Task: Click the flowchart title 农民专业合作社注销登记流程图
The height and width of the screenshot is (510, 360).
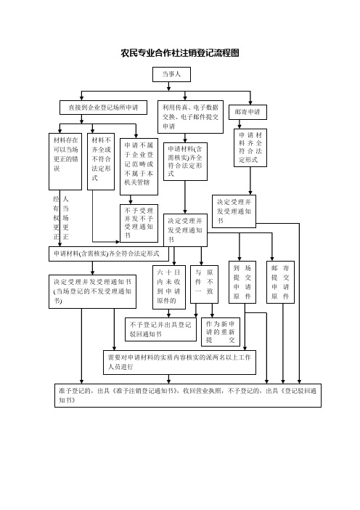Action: pyautogui.click(x=180, y=53)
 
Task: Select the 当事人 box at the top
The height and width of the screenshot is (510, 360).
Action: pyautogui.click(x=171, y=75)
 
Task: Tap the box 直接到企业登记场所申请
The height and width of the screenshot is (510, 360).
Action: pyautogui.click(x=103, y=108)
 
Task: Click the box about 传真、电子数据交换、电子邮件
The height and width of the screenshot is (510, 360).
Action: pyautogui.click(x=190, y=117)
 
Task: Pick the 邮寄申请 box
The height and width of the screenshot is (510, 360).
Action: pyautogui.click(x=247, y=112)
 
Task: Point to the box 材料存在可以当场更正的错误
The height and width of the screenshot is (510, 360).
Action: pyautogui.click(x=65, y=161)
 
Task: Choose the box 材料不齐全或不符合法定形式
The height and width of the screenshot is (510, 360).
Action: pyautogui.click(x=101, y=161)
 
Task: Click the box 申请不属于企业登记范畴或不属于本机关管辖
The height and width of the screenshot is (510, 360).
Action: pyautogui.click(x=139, y=166)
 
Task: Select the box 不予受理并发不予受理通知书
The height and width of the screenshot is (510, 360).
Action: pyautogui.click(x=139, y=223)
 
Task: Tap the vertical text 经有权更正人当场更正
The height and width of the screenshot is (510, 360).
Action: pyautogui.click(x=61, y=218)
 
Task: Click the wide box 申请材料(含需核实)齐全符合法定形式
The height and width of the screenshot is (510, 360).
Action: pyautogui.click(x=109, y=254)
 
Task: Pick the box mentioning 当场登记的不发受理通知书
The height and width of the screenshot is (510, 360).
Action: pyautogui.click(x=92, y=292)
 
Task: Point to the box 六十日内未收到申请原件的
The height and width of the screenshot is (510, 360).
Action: pyautogui.click(x=169, y=287)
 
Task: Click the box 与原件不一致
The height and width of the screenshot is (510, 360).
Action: pyautogui.click(x=204, y=284)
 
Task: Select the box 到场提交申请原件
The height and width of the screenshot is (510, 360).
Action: pyautogui.click(x=242, y=282)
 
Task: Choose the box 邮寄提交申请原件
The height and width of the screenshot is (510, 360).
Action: pyautogui.click(x=280, y=282)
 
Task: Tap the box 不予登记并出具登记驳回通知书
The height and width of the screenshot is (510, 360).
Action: pyautogui.click(x=161, y=330)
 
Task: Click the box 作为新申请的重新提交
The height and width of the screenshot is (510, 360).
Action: pyautogui.click(x=221, y=332)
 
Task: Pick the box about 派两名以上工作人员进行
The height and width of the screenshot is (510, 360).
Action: pyautogui.click(x=180, y=363)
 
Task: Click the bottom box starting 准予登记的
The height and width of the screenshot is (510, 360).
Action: pyautogui.click(x=188, y=395)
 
